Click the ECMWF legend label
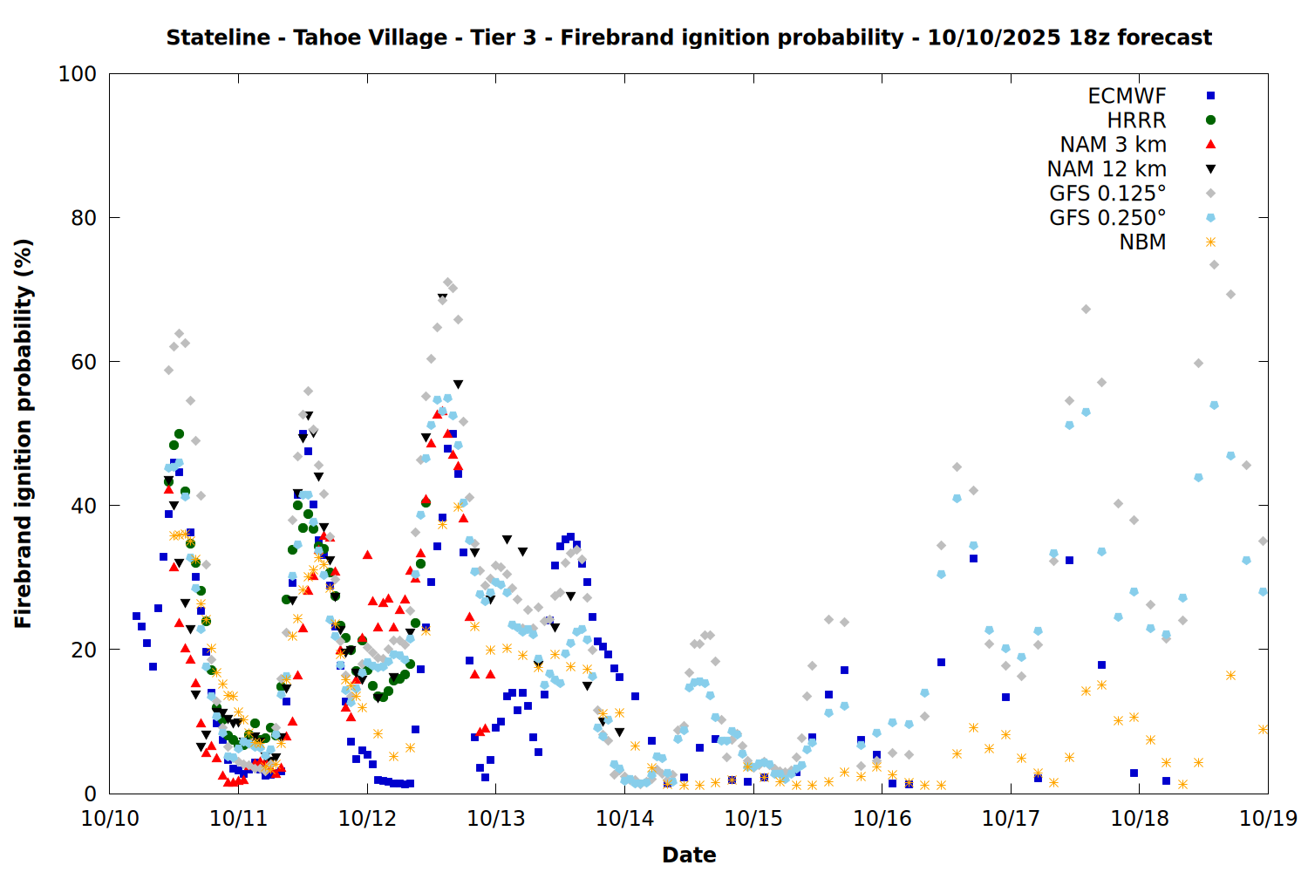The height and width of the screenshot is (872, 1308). click(1127, 96)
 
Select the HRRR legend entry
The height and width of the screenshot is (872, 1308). click(1136, 120)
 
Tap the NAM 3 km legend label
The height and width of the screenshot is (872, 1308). click(1113, 145)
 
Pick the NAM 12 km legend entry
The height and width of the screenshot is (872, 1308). click(1107, 169)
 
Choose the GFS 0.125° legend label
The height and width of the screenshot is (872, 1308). click(1107, 194)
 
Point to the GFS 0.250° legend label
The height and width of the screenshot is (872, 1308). click(1107, 218)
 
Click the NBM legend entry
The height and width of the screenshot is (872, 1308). click(1142, 242)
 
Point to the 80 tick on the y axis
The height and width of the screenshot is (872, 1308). click(84, 218)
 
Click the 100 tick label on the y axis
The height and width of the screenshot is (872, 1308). click(78, 74)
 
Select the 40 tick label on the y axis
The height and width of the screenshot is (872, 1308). click(84, 506)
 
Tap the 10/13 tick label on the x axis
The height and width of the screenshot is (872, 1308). click(496, 819)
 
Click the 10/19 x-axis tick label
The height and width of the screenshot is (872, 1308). click(1268, 819)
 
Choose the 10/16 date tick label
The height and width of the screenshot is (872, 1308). click(882, 819)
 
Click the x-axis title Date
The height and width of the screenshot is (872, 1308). click(689, 855)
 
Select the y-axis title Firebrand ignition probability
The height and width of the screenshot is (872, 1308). click(24, 433)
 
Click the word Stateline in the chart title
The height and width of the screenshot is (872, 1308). click(218, 38)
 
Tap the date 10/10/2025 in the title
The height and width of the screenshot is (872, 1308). click(993, 38)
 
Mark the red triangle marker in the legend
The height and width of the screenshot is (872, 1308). click(1210, 145)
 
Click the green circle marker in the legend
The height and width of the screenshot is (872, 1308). click(1210, 120)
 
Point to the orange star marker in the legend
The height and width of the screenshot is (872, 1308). click(1210, 242)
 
